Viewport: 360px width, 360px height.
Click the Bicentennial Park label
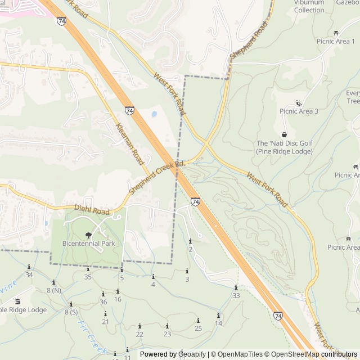[88, 244]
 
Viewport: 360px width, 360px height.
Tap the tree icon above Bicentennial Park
[88, 235]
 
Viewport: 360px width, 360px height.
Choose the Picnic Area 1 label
[336, 41]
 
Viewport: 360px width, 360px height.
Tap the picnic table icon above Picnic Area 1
[336, 33]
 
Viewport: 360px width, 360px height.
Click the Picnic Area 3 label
[299, 111]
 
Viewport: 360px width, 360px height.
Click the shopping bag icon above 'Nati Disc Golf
[284, 134]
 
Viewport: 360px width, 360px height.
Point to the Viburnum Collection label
[309, 6]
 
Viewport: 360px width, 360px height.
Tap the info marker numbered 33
[236, 287]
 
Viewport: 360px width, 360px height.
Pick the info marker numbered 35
[88, 269]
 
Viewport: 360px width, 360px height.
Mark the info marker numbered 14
[219, 315]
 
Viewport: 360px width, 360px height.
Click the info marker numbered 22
[139, 326]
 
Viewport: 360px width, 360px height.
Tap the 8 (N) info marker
[53, 282]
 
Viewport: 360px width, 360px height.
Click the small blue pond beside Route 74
[154, 114]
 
